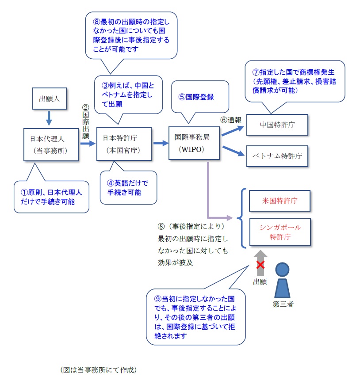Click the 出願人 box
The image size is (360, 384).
(x=49, y=99)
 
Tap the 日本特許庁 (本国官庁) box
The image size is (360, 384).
(x=124, y=144)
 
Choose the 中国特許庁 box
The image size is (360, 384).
(x=277, y=125)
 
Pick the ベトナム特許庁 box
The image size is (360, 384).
(x=277, y=156)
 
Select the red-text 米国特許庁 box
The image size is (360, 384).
(x=280, y=201)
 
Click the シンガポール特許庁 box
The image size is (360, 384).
(x=280, y=232)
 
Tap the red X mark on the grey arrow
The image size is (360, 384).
(x=261, y=264)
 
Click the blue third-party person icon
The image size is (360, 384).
(x=282, y=279)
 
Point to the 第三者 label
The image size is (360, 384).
(x=283, y=304)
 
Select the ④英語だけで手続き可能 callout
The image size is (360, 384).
(x=128, y=187)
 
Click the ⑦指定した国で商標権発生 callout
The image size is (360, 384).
(x=295, y=80)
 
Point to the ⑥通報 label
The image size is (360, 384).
(x=231, y=120)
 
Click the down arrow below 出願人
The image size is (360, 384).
(x=49, y=118)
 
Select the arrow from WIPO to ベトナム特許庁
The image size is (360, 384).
(x=233, y=151)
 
